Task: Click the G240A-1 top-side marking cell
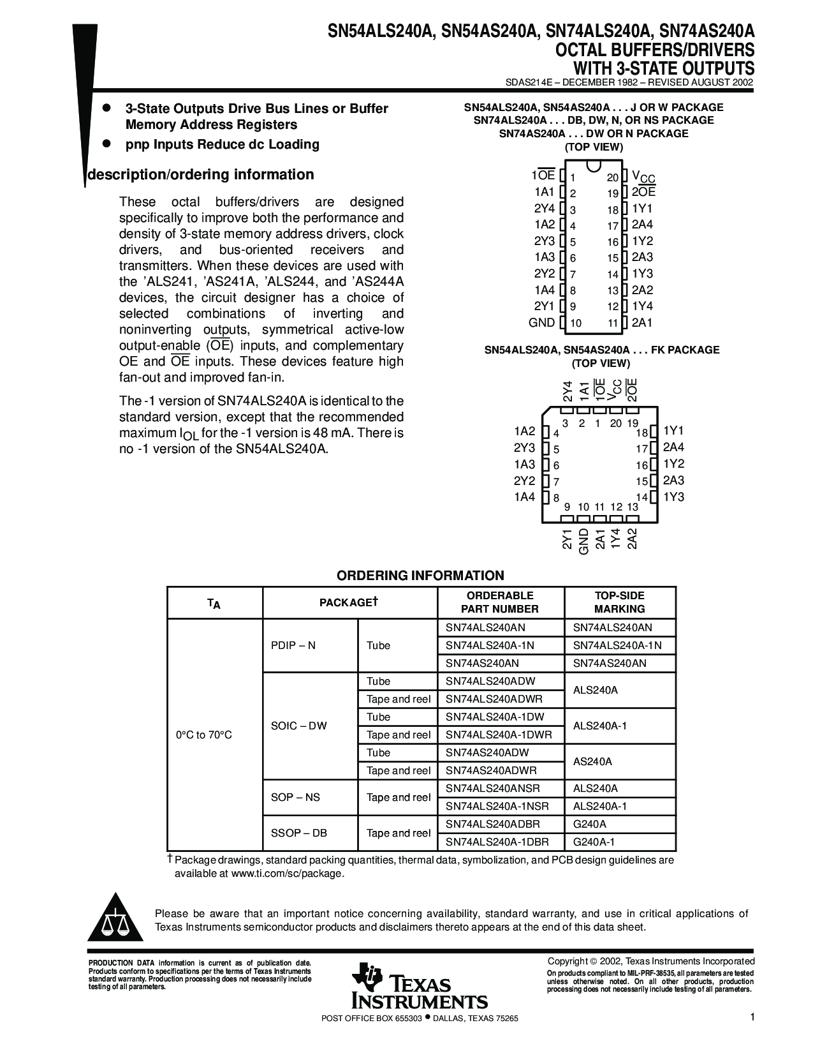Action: pos(594,842)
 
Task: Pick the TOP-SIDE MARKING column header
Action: pos(619,602)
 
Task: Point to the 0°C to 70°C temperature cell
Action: pos(204,735)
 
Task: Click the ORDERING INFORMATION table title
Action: pos(420,576)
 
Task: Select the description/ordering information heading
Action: pos(200,175)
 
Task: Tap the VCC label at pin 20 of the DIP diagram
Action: pos(643,177)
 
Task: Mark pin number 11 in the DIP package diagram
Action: pos(613,324)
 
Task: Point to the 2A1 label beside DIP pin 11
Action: pos(642,322)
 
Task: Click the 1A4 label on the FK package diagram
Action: pos(525,497)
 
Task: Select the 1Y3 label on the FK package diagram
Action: pos(673,497)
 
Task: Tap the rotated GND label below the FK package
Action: pos(583,541)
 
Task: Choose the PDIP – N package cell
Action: pos(293,645)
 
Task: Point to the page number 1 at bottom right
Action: pos(752,1018)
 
